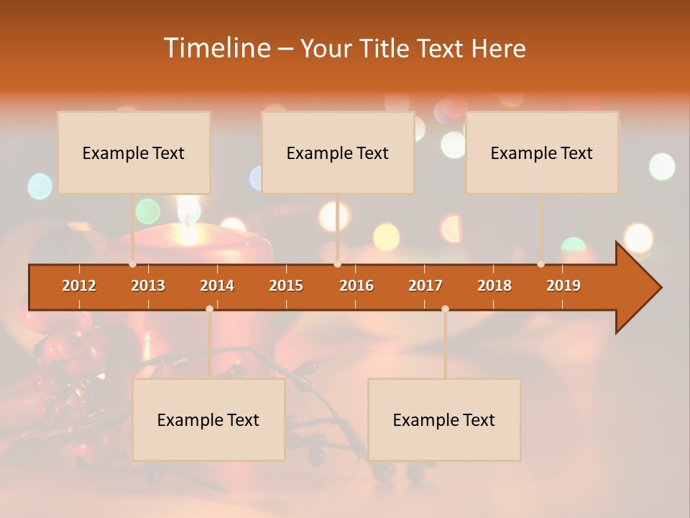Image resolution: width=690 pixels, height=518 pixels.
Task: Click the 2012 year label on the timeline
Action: pos(79,286)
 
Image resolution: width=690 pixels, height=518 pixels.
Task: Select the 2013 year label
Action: pos(148,286)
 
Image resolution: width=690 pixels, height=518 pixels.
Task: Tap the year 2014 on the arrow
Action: pos(217,286)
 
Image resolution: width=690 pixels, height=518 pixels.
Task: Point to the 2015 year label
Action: pos(286,286)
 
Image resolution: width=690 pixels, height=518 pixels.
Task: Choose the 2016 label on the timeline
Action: pos(356,286)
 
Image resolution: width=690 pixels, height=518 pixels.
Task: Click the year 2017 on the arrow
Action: pos(425,286)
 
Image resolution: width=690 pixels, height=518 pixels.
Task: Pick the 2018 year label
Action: pos(494,286)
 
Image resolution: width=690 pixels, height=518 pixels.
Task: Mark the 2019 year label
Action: pos(563,286)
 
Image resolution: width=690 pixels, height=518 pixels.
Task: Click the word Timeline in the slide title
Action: pos(216,48)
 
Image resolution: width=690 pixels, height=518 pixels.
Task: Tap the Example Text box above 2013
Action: pos(134,153)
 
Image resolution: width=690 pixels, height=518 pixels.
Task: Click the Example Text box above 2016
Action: pos(338,153)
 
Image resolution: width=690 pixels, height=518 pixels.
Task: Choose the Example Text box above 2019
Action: pos(542,153)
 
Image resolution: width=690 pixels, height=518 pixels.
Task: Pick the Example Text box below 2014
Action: pos(208,419)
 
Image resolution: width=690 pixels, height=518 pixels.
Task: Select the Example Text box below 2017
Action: pos(444,419)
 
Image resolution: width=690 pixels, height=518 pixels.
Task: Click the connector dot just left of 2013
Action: pos(133,264)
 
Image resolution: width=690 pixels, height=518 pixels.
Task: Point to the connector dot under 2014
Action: pos(209,309)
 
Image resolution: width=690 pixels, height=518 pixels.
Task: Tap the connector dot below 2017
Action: pos(445,309)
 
